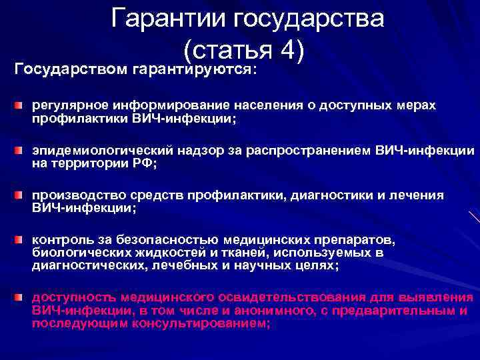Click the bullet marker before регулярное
(x=21, y=106)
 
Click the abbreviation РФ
(x=142, y=161)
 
